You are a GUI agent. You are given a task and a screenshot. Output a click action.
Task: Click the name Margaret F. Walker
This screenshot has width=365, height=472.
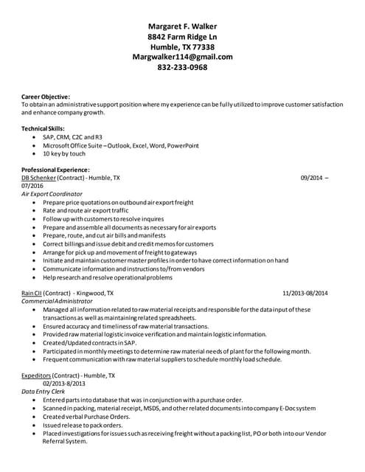pyautogui.click(x=182, y=26)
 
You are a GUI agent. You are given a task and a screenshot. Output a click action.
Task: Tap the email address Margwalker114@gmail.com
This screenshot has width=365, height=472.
pyautogui.click(x=182, y=56)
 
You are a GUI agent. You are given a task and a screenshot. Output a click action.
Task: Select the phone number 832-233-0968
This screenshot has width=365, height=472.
pyautogui.click(x=182, y=67)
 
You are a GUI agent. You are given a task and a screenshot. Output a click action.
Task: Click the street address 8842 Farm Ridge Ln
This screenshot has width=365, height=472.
pyautogui.click(x=182, y=36)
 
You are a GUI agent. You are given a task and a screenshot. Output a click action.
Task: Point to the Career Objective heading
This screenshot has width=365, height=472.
pyautogui.click(x=46, y=97)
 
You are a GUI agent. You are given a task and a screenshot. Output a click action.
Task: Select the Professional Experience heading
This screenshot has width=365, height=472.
pyautogui.click(x=55, y=170)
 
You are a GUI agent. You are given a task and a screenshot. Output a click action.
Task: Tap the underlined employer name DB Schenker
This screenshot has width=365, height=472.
pyautogui.click(x=35, y=178)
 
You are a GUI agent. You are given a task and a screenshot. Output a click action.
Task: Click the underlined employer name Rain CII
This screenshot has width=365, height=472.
pyautogui.click(x=31, y=293)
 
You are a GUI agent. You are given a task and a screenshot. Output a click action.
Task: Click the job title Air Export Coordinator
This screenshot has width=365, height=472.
pyautogui.click(x=52, y=194)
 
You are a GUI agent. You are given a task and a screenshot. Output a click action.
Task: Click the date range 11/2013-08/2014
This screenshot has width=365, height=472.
pyautogui.click(x=305, y=293)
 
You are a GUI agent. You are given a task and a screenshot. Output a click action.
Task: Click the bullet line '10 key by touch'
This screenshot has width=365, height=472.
pyautogui.click(x=64, y=153)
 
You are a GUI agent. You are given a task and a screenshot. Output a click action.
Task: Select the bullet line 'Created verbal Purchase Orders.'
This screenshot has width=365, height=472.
pyautogui.click(x=86, y=416)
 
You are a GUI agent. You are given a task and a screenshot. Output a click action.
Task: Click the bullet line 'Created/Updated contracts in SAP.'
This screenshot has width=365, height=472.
pyautogui.click(x=90, y=342)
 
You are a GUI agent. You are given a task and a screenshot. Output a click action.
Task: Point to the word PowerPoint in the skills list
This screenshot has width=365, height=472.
pyautogui.click(x=183, y=145)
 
